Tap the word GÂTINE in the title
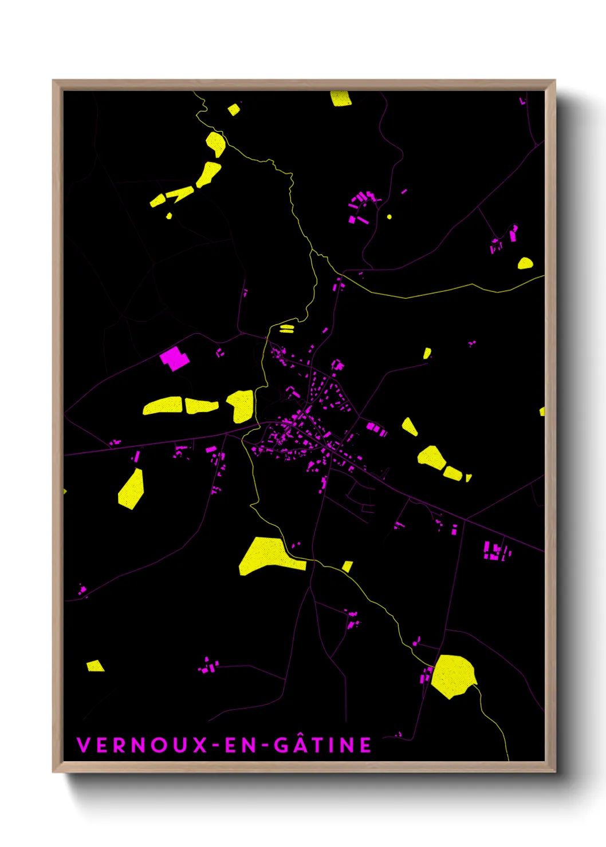[322, 745]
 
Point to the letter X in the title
[200, 745]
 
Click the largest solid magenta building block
[174, 358]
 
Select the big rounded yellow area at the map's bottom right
[453, 676]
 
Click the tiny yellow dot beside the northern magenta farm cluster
[389, 217]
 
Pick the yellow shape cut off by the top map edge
[340, 98]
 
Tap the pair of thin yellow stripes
[286, 328]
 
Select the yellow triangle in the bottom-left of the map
[95, 666]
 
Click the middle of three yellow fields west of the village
[200, 406]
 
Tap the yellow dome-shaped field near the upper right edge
[525, 263]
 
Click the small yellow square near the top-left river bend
[233, 109]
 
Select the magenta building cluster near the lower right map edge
[495, 551]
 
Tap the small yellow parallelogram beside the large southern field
[347, 566]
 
